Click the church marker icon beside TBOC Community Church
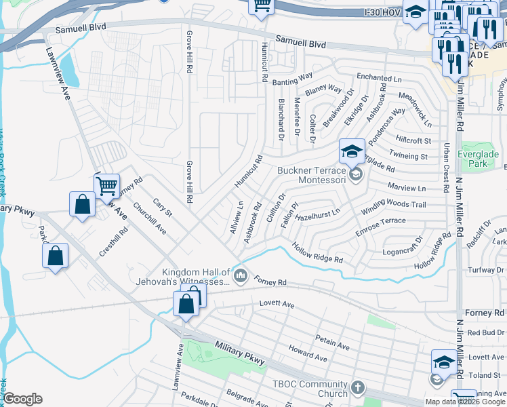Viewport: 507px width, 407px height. point(357,388)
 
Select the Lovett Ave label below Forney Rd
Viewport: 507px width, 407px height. point(277,305)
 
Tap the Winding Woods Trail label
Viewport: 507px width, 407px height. point(393,204)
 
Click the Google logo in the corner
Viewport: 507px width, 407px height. point(22,399)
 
